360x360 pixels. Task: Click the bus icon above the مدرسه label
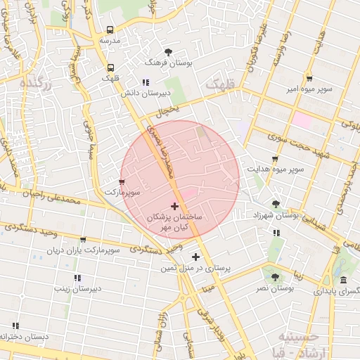[110, 30]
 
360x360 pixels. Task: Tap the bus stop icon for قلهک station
[111, 68]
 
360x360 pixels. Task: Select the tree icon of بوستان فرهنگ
[168, 52]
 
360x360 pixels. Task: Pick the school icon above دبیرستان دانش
[146, 82]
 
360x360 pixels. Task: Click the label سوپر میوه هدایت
[275, 169]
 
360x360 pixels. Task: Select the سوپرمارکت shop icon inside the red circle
[122, 181]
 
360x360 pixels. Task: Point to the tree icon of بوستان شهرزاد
[275, 203]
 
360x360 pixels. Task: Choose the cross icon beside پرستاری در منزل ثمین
[195, 257]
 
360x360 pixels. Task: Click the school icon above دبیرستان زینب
[77, 278]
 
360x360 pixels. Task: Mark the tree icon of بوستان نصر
[275, 277]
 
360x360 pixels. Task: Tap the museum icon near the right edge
[342, 281]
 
